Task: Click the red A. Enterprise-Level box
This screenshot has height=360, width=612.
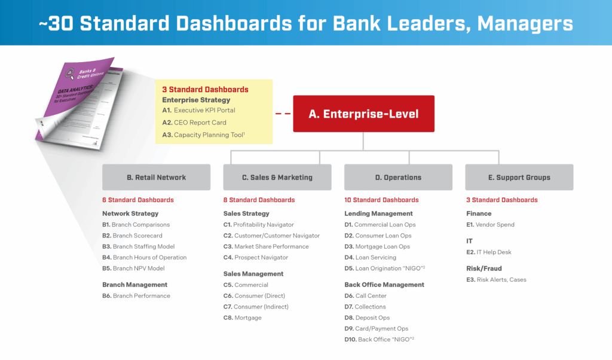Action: (363, 114)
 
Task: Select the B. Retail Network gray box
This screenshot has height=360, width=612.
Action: (156, 177)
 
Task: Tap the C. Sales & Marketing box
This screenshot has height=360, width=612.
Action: (277, 177)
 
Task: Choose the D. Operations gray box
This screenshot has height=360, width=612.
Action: (398, 177)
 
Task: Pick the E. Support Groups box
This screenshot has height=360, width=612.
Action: (519, 177)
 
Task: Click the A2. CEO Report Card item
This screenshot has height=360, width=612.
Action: (195, 123)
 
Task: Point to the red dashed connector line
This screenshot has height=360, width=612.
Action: (283, 114)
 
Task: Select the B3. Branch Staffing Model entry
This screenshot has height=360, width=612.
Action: (138, 246)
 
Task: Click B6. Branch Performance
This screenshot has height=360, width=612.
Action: (136, 295)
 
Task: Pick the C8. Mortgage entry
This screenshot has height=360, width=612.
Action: (242, 318)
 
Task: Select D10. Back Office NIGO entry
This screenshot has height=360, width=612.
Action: (379, 339)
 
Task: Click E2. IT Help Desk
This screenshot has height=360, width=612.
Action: (488, 252)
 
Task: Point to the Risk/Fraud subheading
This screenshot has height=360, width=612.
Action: (484, 269)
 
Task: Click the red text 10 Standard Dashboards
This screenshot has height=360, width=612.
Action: (381, 200)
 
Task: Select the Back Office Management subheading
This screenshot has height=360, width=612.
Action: (384, 285)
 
